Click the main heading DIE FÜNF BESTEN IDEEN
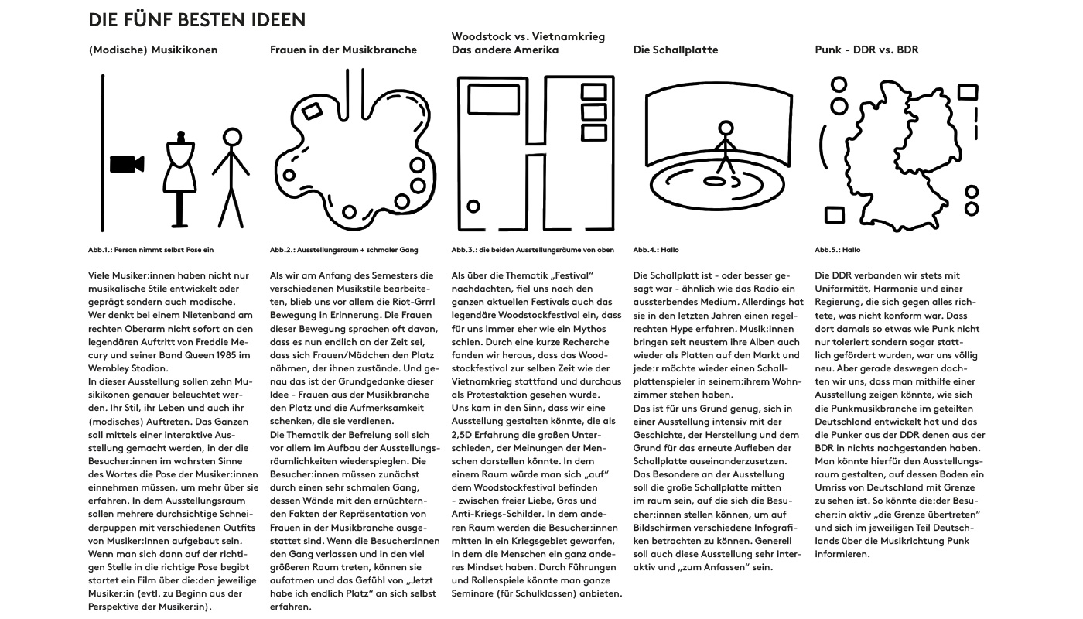point(196,19)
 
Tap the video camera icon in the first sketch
point(127,164)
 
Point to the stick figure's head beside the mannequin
point(232,138)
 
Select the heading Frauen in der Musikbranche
point(343,50)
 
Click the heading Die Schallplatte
point(675,50)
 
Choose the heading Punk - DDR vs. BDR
point(866,50)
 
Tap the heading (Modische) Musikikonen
point(153,50)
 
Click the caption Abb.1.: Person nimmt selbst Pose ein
point(151,250)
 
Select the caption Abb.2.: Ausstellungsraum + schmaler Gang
point(343,250)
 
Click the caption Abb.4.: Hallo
point(655,250)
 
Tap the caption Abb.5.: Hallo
point(837,250)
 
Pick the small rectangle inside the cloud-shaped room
point(312,111)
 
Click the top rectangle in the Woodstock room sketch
point(593,92)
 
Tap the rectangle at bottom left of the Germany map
point(834,214)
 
